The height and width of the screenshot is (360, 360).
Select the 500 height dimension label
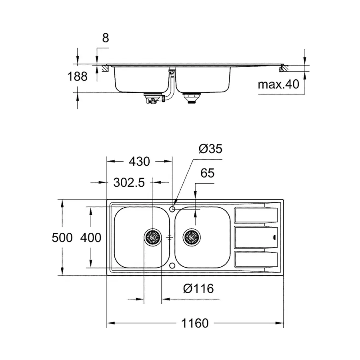(x=62, y=238)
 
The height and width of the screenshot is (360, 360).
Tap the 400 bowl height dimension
(x=90, y=238)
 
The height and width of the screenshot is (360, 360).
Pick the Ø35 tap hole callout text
(x=210, y=149)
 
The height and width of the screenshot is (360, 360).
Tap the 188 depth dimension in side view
(x=78, y=76)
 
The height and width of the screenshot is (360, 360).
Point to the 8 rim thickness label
(x=105, y=38)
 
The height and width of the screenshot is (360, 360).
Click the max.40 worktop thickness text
(x=279, y=85)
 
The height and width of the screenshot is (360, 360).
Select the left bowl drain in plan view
(x=152, y=237)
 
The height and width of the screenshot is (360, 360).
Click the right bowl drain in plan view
(x=191, y=237)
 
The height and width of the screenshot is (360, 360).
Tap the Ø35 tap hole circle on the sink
(x=172, y=209)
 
